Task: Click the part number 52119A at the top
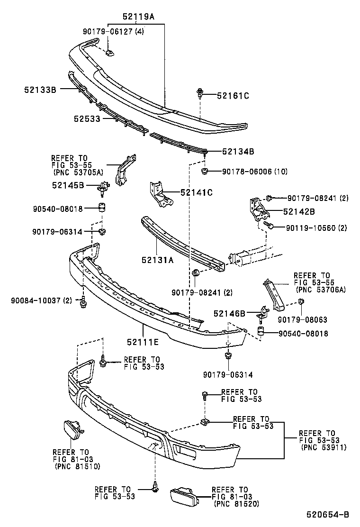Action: pyautogui.click(x=138, y=16)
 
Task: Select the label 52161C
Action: pyautogui.click(x=233, y=96)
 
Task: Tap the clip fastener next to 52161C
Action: pyautogui.click(x=199, y=93)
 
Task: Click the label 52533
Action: pyautogui.click(x=87, y=119)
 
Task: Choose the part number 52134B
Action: pyautogui.click(x=238, y=152)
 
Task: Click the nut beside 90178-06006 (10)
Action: pyautogui.click(x=205, y=170)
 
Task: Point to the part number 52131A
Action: pyautogui.click(x=157, y=259)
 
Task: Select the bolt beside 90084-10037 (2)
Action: pyautogui.click(x=83, y=301)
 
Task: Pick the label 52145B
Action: pyautogui.click(x=68, y=185)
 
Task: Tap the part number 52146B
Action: pyautogui.click(x=229, y=313)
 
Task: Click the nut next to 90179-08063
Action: pyautogui.click(x=301, y=302)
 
